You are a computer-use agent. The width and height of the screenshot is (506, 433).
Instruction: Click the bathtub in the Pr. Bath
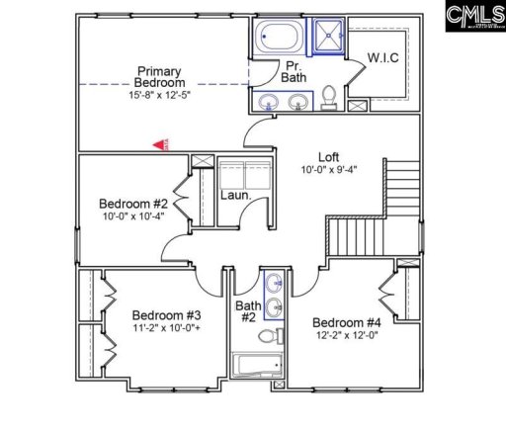click(x=278, y=41)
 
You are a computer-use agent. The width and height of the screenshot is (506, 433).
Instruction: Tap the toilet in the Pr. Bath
click(x=330, y=97)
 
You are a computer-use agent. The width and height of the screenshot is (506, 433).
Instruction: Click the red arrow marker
click(x=158, y=144)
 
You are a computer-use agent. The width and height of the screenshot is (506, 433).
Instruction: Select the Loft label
click(x=329, y=156)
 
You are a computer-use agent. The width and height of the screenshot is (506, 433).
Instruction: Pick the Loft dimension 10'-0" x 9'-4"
click(x=329, y=170)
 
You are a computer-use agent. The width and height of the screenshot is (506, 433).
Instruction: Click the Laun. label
click(x=233, y=195)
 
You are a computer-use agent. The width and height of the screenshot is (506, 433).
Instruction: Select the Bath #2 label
click(x=247, y=312)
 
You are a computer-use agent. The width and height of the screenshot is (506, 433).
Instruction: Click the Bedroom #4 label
click(x=346, y=322)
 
